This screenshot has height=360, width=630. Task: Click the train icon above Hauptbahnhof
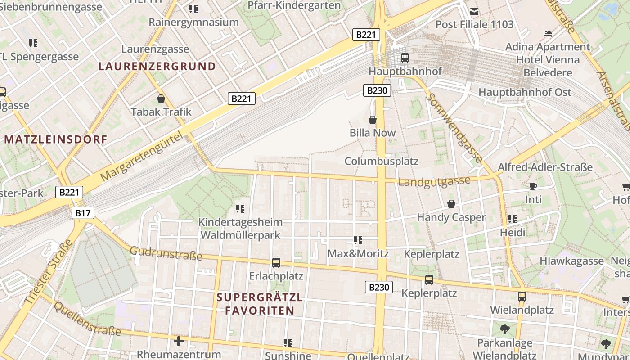[x=405, y=58]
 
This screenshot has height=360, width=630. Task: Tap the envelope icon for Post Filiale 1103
[x=474, y=11]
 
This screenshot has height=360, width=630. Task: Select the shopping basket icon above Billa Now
[x=373, y=120]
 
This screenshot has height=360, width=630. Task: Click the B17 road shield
[x=83, y=213]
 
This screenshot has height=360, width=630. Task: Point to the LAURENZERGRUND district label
[x=157, y=67]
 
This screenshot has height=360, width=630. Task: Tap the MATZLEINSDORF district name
[x=56, y=139]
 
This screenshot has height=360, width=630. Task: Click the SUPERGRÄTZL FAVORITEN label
[x=260, y=304]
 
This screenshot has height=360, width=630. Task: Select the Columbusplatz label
[x=381, y=161]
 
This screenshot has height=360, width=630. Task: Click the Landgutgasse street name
[x=434, y=181]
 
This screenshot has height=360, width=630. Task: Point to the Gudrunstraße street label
[x=166, y=253]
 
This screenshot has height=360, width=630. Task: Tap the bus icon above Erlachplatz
[x=276, y=262]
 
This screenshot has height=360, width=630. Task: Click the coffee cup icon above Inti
[x=533, y=186]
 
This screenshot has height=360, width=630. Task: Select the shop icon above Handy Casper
[x=451, y=204]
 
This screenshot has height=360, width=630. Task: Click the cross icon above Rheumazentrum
[x=179, y=341]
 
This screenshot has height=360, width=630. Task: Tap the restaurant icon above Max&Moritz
[x=358, y=240]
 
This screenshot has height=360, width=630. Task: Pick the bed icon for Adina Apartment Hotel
[x=548, y=34]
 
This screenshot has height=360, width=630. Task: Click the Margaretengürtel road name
[x=143, y=156]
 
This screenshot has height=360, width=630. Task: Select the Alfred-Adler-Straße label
[x=545, y=167]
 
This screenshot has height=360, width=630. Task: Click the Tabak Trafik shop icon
[x=161, y=99]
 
